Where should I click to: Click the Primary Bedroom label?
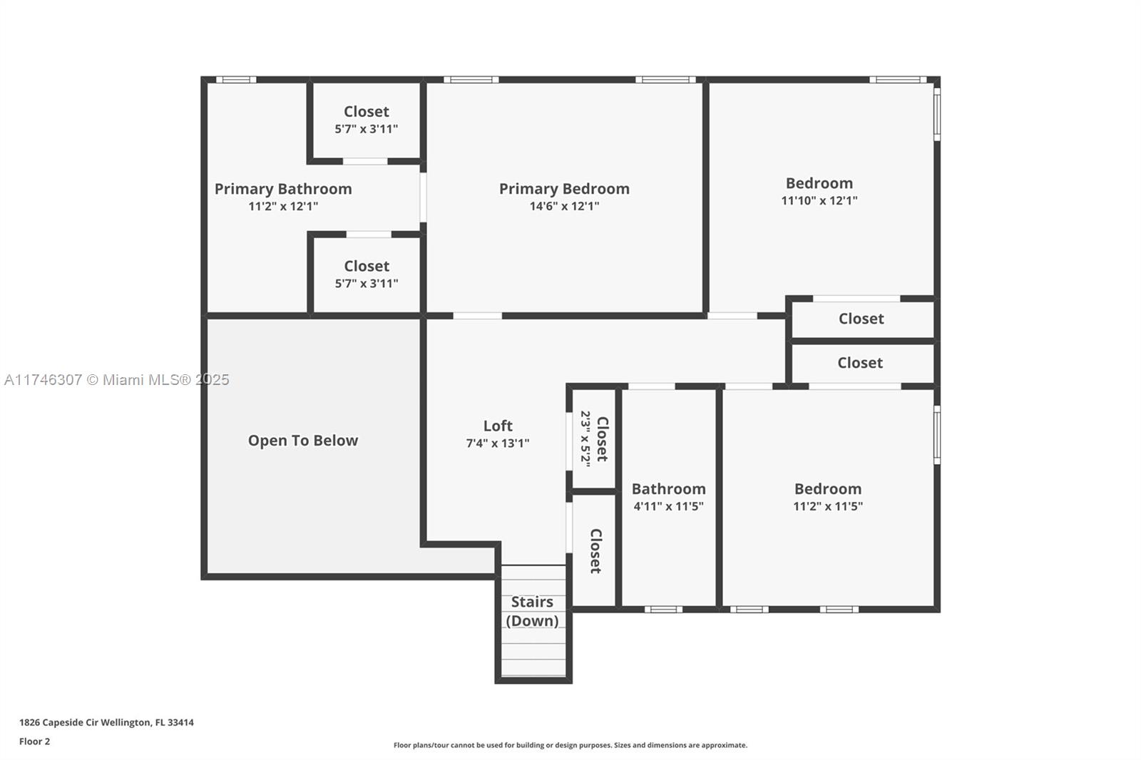click(x=564, y=189)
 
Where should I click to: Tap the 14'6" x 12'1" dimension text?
click(x=564, y=207)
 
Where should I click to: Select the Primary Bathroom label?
click(x=283, y=189)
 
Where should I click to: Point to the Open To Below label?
click(x=303, y=441)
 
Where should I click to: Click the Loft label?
click(x=498, y=426)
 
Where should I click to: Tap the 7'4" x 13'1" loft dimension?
click(x=498, y=443)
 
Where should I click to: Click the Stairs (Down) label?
click(x=532, y=611)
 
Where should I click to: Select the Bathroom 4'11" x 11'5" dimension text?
click(x=668, y=506)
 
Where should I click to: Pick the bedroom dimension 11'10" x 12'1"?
click(x=819, y=201)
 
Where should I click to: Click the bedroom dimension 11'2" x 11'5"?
click(x=827, y=506)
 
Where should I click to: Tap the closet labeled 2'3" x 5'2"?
click(x=594, y=439)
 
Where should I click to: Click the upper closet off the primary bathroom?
click(x=367, y=119)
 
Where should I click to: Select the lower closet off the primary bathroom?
click(x=367, y=274)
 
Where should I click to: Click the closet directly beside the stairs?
click(x=595, y=551)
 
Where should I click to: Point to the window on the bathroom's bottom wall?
click(x=663, y=610)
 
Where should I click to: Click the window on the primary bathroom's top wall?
click(x=236, y=80)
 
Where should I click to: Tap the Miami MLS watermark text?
click(x=116, y=380)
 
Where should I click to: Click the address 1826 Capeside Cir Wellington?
click(x=106, y=722)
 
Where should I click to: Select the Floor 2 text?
click(x=34, y=741)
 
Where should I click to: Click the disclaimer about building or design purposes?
click(x=570, y=745)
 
